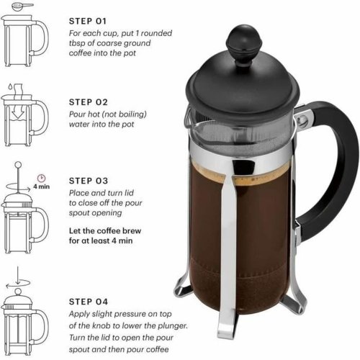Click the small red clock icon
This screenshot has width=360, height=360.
[x=41, y=176]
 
